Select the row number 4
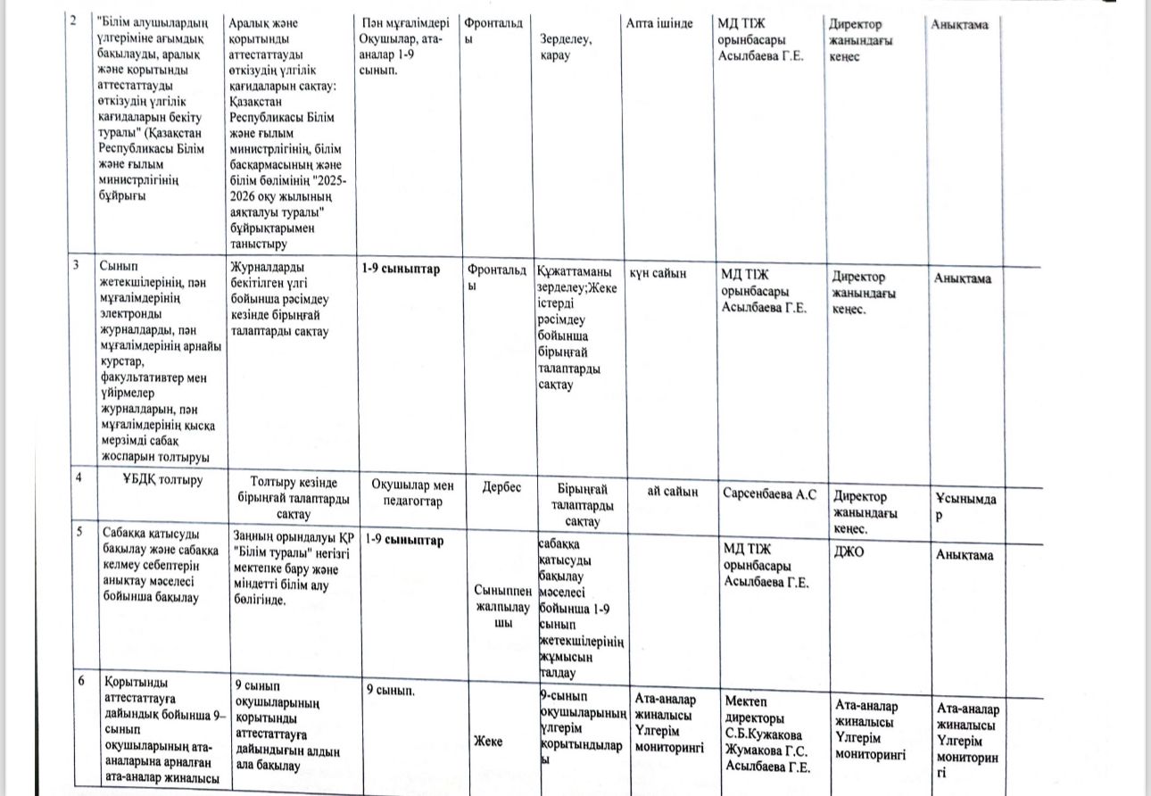[x=79, y=477]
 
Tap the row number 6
[x=81, y=681]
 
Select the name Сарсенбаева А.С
[x=768, y=493]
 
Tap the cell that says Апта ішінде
[x=659, y=23]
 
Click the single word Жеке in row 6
[x=488, y=742]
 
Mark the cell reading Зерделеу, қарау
[x=566, y=47]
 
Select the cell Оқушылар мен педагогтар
[x=412, y=493]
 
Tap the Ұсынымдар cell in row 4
[x=965, y=508]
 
